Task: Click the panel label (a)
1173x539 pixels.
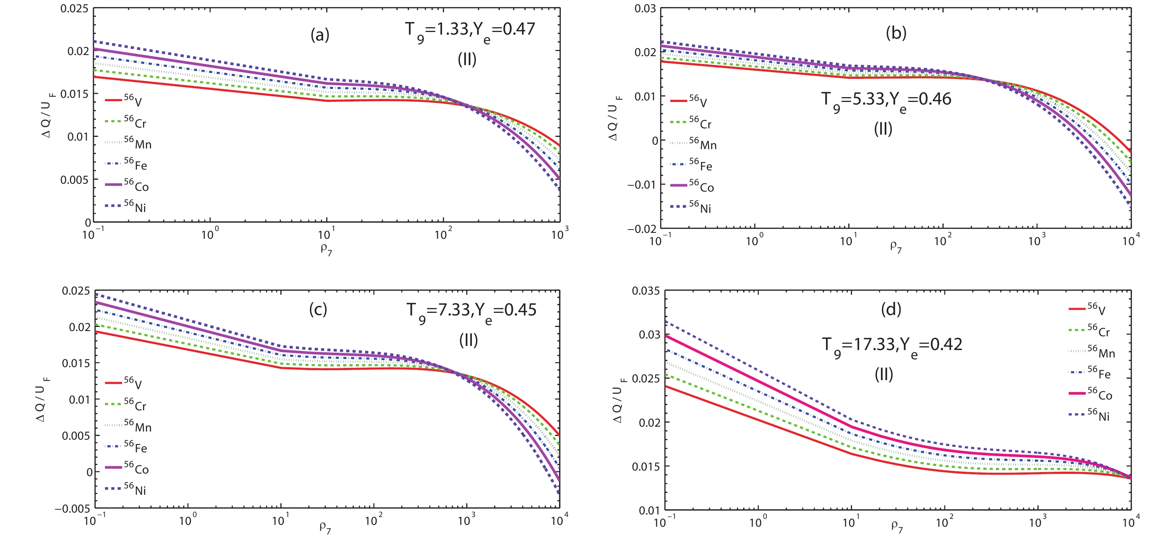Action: point(320,35)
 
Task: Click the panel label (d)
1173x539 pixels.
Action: point(891,309)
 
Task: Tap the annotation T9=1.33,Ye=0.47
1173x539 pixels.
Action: point(470,30)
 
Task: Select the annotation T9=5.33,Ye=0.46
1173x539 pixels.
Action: point(886,100)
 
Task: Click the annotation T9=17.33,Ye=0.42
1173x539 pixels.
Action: point(891,346)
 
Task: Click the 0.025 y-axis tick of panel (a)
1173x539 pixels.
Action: point(75,9)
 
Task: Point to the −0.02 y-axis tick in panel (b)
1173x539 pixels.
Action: point(642,228)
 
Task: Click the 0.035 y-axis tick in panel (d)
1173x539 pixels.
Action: point(645,291)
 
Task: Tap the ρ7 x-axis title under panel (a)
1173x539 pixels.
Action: point(326,249)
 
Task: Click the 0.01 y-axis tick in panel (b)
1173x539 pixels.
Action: point(646,96)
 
